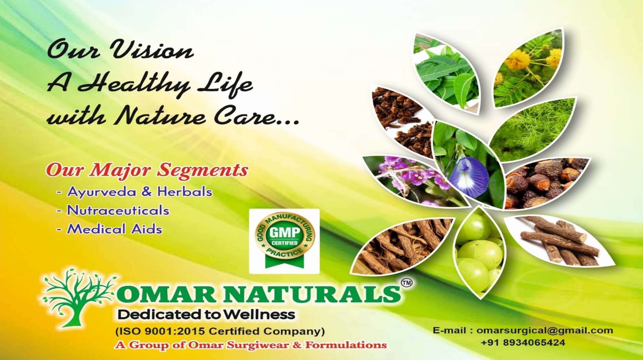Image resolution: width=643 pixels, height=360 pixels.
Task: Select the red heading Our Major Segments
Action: click(147, 170)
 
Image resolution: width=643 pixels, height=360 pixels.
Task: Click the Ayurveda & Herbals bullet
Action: click(135, 192)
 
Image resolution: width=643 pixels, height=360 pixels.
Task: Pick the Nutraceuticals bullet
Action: click(113, 210)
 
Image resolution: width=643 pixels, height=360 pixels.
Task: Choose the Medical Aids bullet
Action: click(110, 229)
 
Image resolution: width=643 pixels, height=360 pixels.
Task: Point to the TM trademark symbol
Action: click(407, 283)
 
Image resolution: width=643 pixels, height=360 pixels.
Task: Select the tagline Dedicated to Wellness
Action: click(206, 315)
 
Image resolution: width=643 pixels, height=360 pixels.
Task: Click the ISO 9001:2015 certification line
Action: click(220, 331)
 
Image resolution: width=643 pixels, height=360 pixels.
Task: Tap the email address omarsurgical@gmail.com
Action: click(545, 330)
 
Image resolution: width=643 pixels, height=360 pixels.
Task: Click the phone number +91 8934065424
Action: click(523, 343)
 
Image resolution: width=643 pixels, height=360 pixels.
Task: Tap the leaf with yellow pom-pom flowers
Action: click(529, 69)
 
